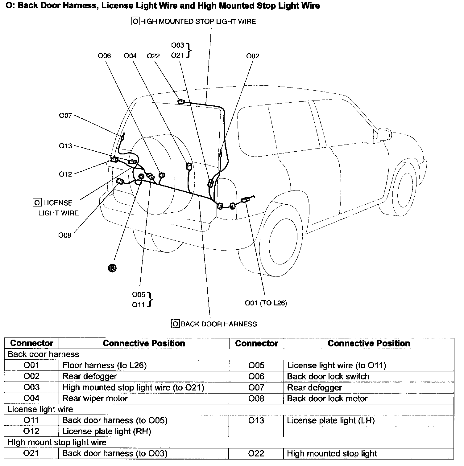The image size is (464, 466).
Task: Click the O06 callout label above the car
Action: point(104,56)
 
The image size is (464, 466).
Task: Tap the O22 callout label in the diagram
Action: point(153,56)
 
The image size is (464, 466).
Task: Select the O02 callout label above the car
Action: point(253,56)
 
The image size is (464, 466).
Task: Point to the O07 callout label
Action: point(65,116)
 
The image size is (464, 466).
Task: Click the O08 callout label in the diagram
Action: point(65,235)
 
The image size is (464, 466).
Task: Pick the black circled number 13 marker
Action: point(112,268)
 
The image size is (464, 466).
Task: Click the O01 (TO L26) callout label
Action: point(266,303)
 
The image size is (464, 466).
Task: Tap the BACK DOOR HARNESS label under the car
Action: point(218,324)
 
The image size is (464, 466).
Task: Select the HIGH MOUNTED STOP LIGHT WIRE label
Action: point(198,22)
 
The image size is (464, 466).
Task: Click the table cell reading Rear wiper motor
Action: point(95,399)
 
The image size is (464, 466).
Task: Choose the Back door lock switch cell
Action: point(328,376)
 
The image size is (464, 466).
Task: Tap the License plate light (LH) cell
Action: point(330,420)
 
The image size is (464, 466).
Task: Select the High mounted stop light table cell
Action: point(332,453)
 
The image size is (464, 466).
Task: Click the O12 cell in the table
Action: point(31,431)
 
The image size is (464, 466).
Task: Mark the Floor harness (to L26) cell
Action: point(104,365)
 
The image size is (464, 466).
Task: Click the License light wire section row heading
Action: point(40,409)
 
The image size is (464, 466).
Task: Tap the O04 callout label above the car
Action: point(130,56)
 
